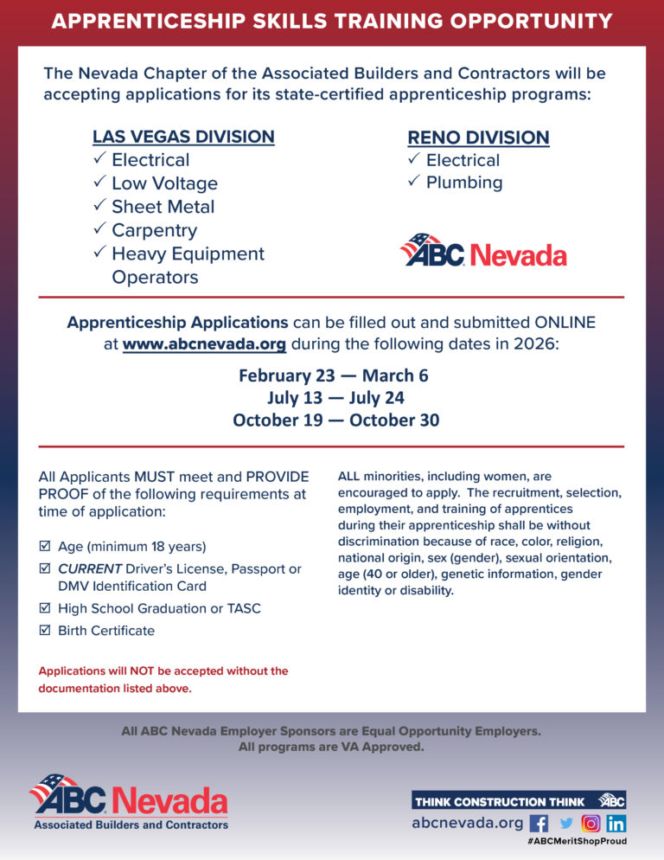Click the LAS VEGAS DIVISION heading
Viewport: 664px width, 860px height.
(x=183, y=137)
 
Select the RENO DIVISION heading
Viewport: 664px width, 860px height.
(x=478, y=138)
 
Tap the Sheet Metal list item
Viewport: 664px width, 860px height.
(x=163, y=207)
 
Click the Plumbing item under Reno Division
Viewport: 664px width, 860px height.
(x=463, y=183)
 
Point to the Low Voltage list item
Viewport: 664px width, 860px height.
(x=164, y=183)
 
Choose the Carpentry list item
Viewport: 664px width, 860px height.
(x=154, y=230)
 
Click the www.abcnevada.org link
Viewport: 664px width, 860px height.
(x=204, y=343)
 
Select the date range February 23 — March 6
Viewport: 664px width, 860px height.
(x=333, y=375)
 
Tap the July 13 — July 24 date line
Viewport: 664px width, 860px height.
(x=335, y=398)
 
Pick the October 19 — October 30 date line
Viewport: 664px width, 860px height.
(x=335, y=420)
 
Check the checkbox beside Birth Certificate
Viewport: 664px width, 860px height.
(x=45, y=631)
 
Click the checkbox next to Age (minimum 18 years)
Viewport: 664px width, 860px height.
(x=45, y=547)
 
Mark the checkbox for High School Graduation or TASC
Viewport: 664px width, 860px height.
(x=45, y=608)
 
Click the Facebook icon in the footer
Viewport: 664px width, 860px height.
(x=539, y=824)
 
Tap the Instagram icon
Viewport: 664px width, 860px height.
(x=591, y=824)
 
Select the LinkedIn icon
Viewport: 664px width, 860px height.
(x=616, y=824)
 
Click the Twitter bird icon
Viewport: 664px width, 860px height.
(x=566, y=824)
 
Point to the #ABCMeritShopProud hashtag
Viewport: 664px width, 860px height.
(x=577, y=841)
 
